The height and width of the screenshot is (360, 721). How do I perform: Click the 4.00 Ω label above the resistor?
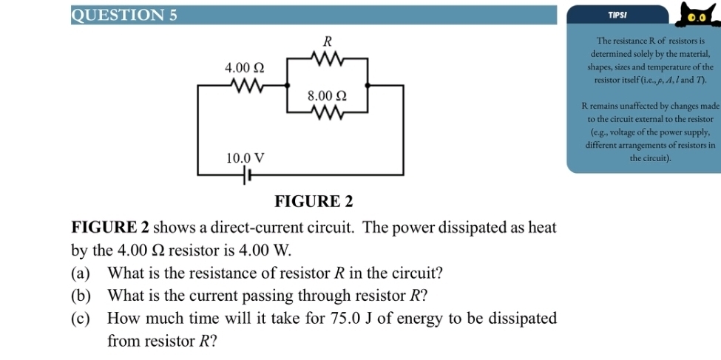pos(245,67)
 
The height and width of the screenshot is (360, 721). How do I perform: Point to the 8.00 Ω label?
pos(328,96)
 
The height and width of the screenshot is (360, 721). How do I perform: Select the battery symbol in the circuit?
pos(246,176)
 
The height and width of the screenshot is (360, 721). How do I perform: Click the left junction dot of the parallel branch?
pos(288,86)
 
